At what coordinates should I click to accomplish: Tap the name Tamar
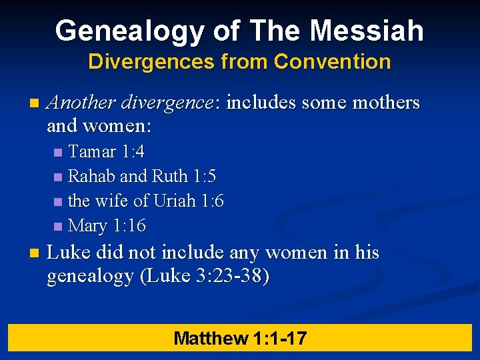[92, 152]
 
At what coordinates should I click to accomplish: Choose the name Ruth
[170, 177]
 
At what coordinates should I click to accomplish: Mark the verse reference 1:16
[128, 225]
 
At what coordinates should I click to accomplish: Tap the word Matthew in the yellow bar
[211, 338]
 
